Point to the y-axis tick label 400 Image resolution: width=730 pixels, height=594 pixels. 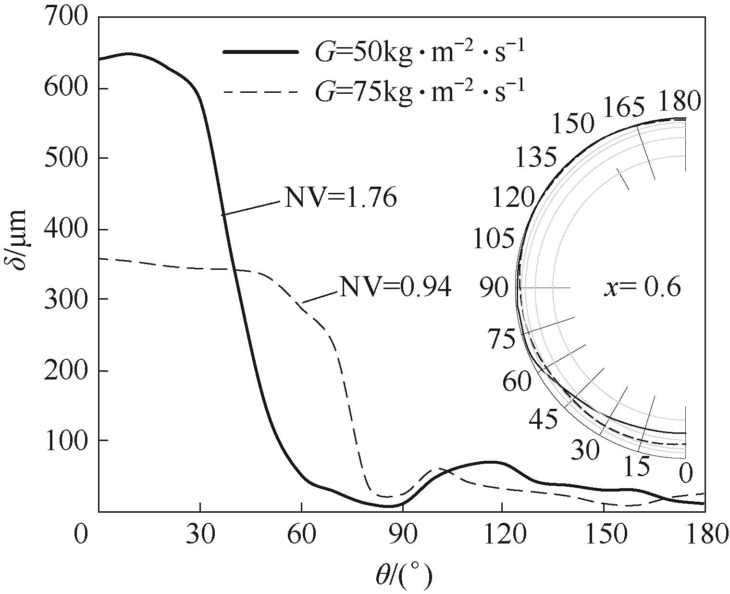click(x=66, y=229)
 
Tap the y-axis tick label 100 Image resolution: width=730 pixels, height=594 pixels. click(x=66, y=441)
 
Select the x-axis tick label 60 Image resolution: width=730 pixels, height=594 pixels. click(x=301, y=534)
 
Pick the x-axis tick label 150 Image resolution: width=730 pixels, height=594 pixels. click(x=603, y=534)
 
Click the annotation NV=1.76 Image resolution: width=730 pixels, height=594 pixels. click(x=341, y=198)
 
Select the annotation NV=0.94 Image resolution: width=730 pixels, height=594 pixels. click(x=396, y=287)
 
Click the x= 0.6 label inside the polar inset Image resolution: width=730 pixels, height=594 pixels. click(x=642, y=288)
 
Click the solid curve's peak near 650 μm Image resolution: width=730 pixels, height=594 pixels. click(x=128, y=54)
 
